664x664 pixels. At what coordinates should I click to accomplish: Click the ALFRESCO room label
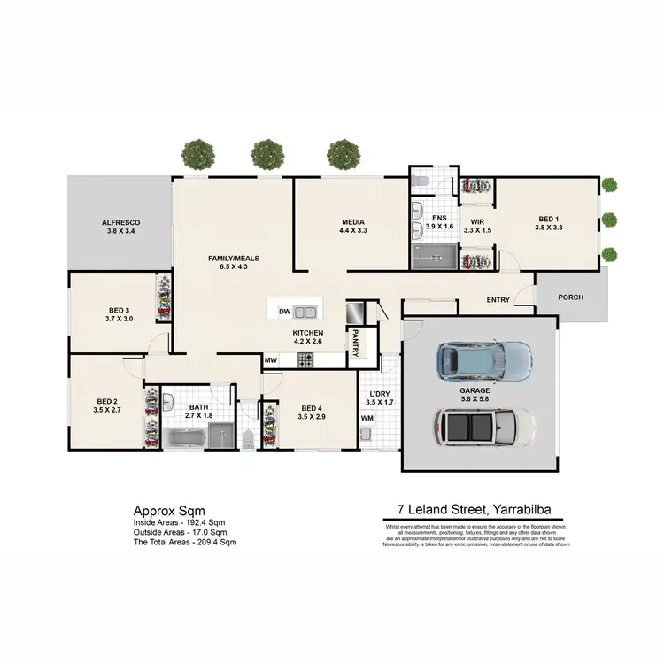pos(120,222)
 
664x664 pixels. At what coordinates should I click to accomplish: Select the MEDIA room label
pos(352,222)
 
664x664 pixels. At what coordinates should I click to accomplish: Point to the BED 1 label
pos(549,219)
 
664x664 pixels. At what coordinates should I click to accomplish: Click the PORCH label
pos(571,297)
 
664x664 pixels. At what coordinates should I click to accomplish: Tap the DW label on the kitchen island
pos(284,312)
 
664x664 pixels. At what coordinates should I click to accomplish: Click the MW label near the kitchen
pos(270,360)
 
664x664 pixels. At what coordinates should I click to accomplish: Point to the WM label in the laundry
pos(367,418)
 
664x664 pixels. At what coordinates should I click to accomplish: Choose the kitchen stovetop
pos(306,360)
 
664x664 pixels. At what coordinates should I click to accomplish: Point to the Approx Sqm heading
pos(169,511)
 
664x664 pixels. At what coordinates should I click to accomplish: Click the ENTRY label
pos(498,300)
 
